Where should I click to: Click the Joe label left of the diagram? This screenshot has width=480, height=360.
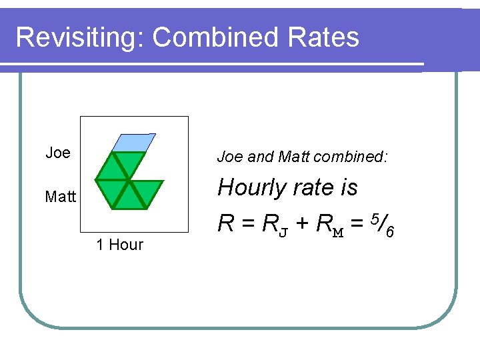click(58, 153)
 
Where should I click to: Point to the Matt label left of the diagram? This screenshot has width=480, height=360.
click(61, 197)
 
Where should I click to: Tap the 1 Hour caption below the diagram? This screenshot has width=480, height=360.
click(120, 245)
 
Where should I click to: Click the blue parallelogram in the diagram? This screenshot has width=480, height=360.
click(134, 143)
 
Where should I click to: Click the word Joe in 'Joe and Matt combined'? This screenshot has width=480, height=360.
click(231, 157)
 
